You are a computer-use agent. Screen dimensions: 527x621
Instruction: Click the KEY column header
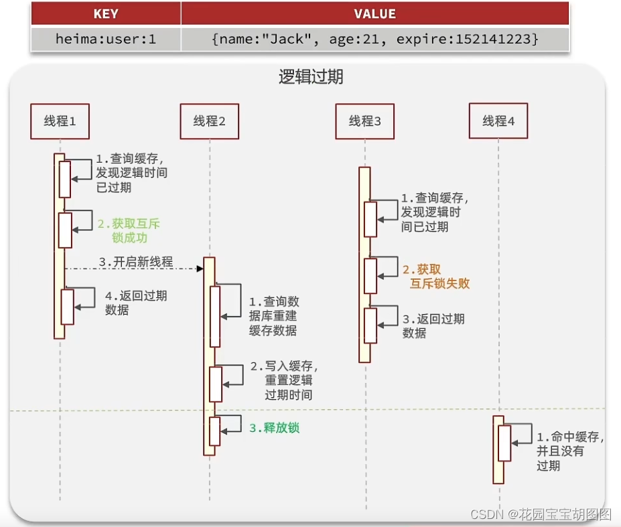pyautogui.click(x=105, y=13)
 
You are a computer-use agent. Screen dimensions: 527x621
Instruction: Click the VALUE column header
pyautogui.click(x=374, y=13)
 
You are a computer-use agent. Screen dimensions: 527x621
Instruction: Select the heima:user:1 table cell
pyautogui.click(x=105, y=39)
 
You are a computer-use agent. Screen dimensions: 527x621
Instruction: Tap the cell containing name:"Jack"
pyautogui.click(x=374, y=39)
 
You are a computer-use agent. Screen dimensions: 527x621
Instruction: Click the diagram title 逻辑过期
pyautogui.click(x=311, y=77)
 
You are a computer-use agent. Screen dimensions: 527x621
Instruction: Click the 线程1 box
pyautogui.click(x=60, y=121)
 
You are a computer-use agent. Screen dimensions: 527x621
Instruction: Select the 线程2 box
pyautogui.click(x=209, y=121)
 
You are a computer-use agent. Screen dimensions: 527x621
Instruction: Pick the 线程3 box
pyautogui.click(x=364, y=121)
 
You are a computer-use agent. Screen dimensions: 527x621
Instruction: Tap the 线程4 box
pyautogui.click(x=498, y=121)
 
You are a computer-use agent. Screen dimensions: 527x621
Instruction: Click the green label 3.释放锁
pyautogui.click(x=274, y=428)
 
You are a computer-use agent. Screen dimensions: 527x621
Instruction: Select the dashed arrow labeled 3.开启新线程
pyautogui.click(x=134, y=268)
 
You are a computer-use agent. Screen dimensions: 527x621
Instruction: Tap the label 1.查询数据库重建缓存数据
pyautogui.click(x=274, y=316)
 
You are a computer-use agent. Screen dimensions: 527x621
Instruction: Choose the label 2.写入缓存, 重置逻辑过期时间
pyautogui.click(x=284, y=380)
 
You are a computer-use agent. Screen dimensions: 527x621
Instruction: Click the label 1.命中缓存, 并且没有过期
pyautogui.click(x=570, y=451)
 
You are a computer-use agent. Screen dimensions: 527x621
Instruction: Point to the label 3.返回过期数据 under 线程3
pyautogui.click(x=433, y=325)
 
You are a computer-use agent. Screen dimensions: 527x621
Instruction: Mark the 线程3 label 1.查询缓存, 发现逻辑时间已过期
pyautogui.click(x=434, y=212)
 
